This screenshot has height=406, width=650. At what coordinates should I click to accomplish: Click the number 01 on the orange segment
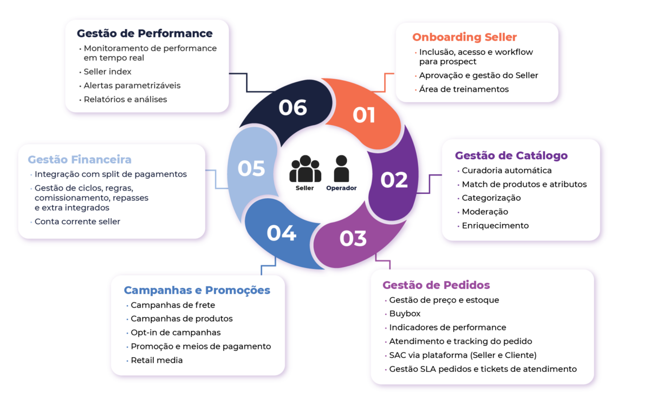[364, 115]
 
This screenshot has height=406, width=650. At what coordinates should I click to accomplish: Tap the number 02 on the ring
[394, 180]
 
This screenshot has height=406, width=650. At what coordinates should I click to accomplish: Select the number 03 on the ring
[353, 238]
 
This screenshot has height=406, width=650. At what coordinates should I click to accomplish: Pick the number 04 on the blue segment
[282, 233]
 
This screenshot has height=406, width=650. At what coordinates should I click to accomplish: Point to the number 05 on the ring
[251, 168]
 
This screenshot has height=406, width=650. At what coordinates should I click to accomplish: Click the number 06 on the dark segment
[293, 107]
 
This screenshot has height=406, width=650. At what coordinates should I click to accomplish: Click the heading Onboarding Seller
[464, 37]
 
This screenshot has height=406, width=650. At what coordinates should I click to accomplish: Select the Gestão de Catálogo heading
[511, 156]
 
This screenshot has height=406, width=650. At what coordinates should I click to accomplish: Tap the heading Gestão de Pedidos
[436, 285]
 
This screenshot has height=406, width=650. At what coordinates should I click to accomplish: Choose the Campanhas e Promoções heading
[197, 290]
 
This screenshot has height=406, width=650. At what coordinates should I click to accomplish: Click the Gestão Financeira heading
[80, 160]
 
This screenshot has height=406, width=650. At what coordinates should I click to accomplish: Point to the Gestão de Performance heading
[145, 34]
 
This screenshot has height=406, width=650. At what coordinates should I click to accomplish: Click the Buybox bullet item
[405, 313]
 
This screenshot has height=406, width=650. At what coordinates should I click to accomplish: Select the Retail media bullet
[157, 360]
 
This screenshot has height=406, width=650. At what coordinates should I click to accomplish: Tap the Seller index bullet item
[107, 71]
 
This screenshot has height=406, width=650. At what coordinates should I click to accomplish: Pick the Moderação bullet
[485, 212]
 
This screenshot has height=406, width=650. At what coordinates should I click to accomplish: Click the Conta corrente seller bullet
[77, 221]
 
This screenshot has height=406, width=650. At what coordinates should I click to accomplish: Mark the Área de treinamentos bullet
[464, 89]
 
